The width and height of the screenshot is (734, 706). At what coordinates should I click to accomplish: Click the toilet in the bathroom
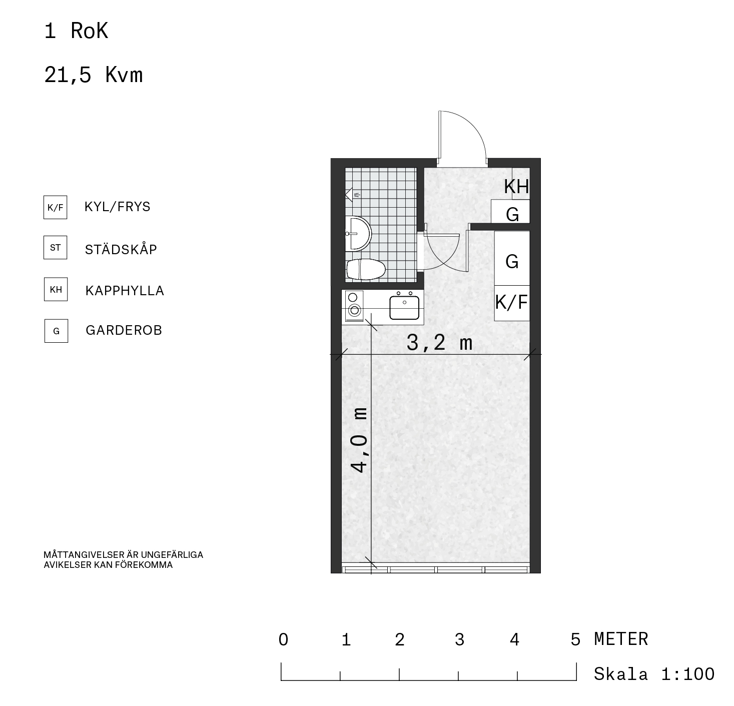pos(366,269)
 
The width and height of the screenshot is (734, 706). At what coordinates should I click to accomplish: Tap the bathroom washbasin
pos(358,234)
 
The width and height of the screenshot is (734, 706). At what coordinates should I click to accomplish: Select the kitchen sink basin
pos(404,308)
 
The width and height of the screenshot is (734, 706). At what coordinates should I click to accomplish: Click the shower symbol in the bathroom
pos(352,195)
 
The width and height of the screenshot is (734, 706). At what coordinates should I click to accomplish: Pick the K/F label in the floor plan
pos(511,302)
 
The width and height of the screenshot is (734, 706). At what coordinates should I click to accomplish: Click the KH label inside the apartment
pos(517,187)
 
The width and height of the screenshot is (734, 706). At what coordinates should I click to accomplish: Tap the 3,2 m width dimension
pos(439,343)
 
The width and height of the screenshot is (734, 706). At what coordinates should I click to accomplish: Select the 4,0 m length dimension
pos(359,440)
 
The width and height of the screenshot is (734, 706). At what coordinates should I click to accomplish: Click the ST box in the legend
pos(56,247)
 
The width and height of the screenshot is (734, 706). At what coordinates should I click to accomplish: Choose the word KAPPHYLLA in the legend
pos(125,291)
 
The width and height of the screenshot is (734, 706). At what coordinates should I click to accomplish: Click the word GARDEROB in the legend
pos(124,330)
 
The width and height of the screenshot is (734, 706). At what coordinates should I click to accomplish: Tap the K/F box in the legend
pos(56,207)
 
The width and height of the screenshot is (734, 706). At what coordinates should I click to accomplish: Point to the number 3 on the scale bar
pos(459,639)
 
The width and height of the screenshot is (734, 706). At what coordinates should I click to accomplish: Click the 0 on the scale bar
pos(283,639)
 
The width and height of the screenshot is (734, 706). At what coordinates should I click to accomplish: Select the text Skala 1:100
pos(654,674)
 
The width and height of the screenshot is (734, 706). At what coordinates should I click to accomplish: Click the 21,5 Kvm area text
pos(94,75)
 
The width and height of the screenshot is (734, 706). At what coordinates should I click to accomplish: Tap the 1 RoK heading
pos(77,31)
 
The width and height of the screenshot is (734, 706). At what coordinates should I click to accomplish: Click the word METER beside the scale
pos(621,639)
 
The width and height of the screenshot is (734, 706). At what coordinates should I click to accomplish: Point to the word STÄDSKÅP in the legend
pos(121,249)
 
